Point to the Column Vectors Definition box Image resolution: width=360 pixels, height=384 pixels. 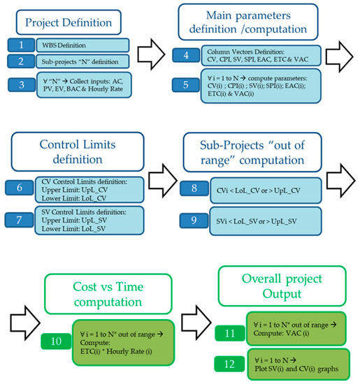pos(260,55)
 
